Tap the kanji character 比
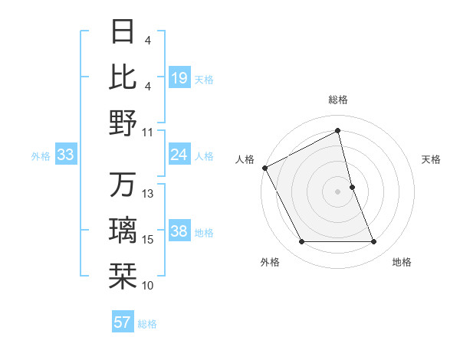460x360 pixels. pos(123,77)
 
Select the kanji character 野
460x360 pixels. pos(123,123)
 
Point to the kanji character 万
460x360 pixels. pos(123,185)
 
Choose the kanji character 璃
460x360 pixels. pos(123,231)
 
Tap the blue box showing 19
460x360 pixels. pos(179,78)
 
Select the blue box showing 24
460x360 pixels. pos(179,155)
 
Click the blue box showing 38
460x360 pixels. pos(179,232)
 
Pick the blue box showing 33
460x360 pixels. pos(66,155)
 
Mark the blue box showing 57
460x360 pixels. pos(123,322)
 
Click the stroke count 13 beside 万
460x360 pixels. pos(149,194)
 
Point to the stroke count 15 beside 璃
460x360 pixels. pos(149,240)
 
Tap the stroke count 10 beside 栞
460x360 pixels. pos(149,286)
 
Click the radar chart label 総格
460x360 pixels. pos(338,100)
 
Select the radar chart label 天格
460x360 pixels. pos(432,159)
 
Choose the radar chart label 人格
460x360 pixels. pos(245,159)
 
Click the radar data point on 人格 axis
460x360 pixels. pos(264,167)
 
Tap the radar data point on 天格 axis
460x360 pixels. pos(352,187)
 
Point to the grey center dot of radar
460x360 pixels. pos(338,191)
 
